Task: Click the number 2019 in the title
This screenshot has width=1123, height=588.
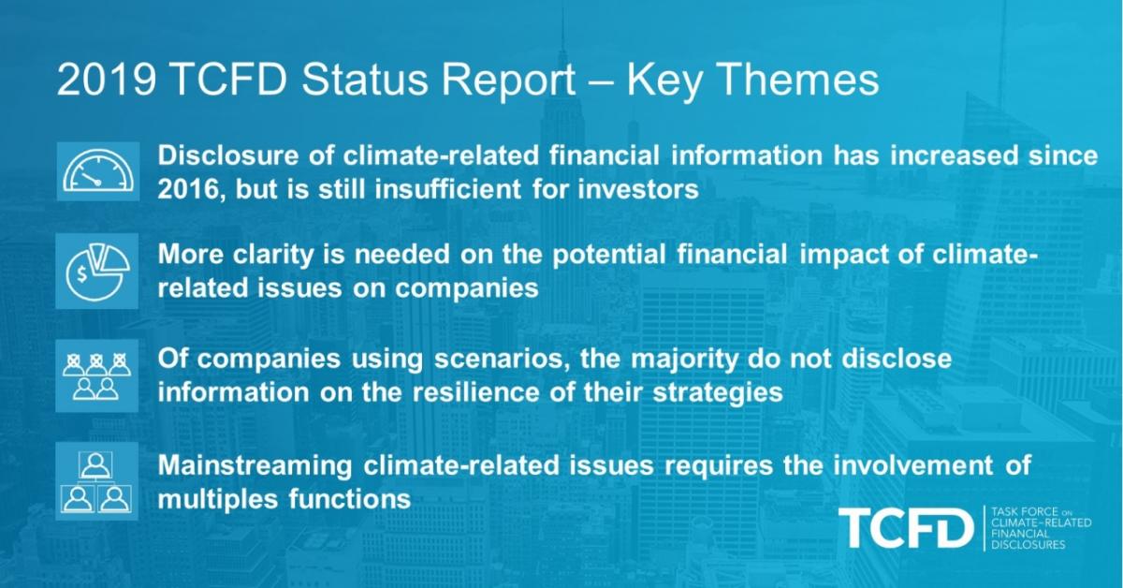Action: point(107,80)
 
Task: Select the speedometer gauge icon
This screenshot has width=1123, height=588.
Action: point(98,171)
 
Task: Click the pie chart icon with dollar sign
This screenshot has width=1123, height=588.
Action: point(96,272)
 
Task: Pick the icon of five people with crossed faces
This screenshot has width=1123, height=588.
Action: point(96,376)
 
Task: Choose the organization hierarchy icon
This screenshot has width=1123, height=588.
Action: point(96,481)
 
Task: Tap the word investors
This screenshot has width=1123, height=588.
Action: point(638,190)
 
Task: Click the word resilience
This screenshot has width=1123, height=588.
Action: point(475,392)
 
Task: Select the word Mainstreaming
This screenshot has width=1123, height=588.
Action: point(255,466)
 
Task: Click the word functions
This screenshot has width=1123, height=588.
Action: point(349,499)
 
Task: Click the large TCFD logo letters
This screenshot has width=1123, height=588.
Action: point(907,528)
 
